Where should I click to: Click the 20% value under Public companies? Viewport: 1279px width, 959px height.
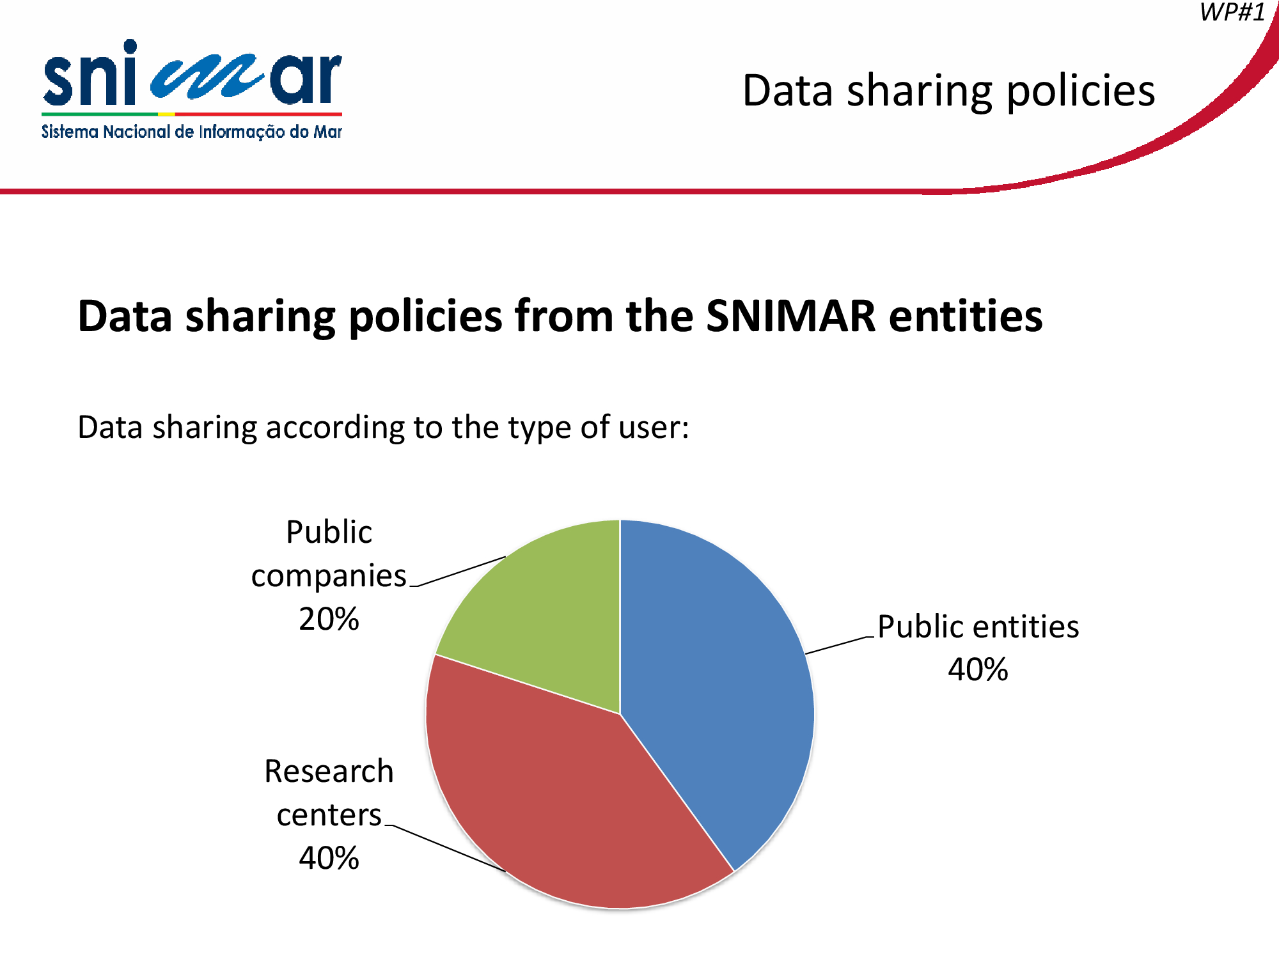329,619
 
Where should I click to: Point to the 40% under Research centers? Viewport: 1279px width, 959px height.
329,858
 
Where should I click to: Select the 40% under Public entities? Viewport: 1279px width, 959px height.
978,669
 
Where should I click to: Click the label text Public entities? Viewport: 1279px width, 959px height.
978,627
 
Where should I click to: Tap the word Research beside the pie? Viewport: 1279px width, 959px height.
329,771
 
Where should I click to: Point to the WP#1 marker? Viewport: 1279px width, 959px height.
1232,12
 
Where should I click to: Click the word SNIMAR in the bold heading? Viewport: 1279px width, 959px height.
790,316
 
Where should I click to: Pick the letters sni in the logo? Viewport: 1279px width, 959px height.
90,74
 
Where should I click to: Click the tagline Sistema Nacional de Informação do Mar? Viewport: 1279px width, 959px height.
192,132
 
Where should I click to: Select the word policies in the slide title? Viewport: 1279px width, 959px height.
1081,91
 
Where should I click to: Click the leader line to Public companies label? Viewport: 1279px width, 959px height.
458,572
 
